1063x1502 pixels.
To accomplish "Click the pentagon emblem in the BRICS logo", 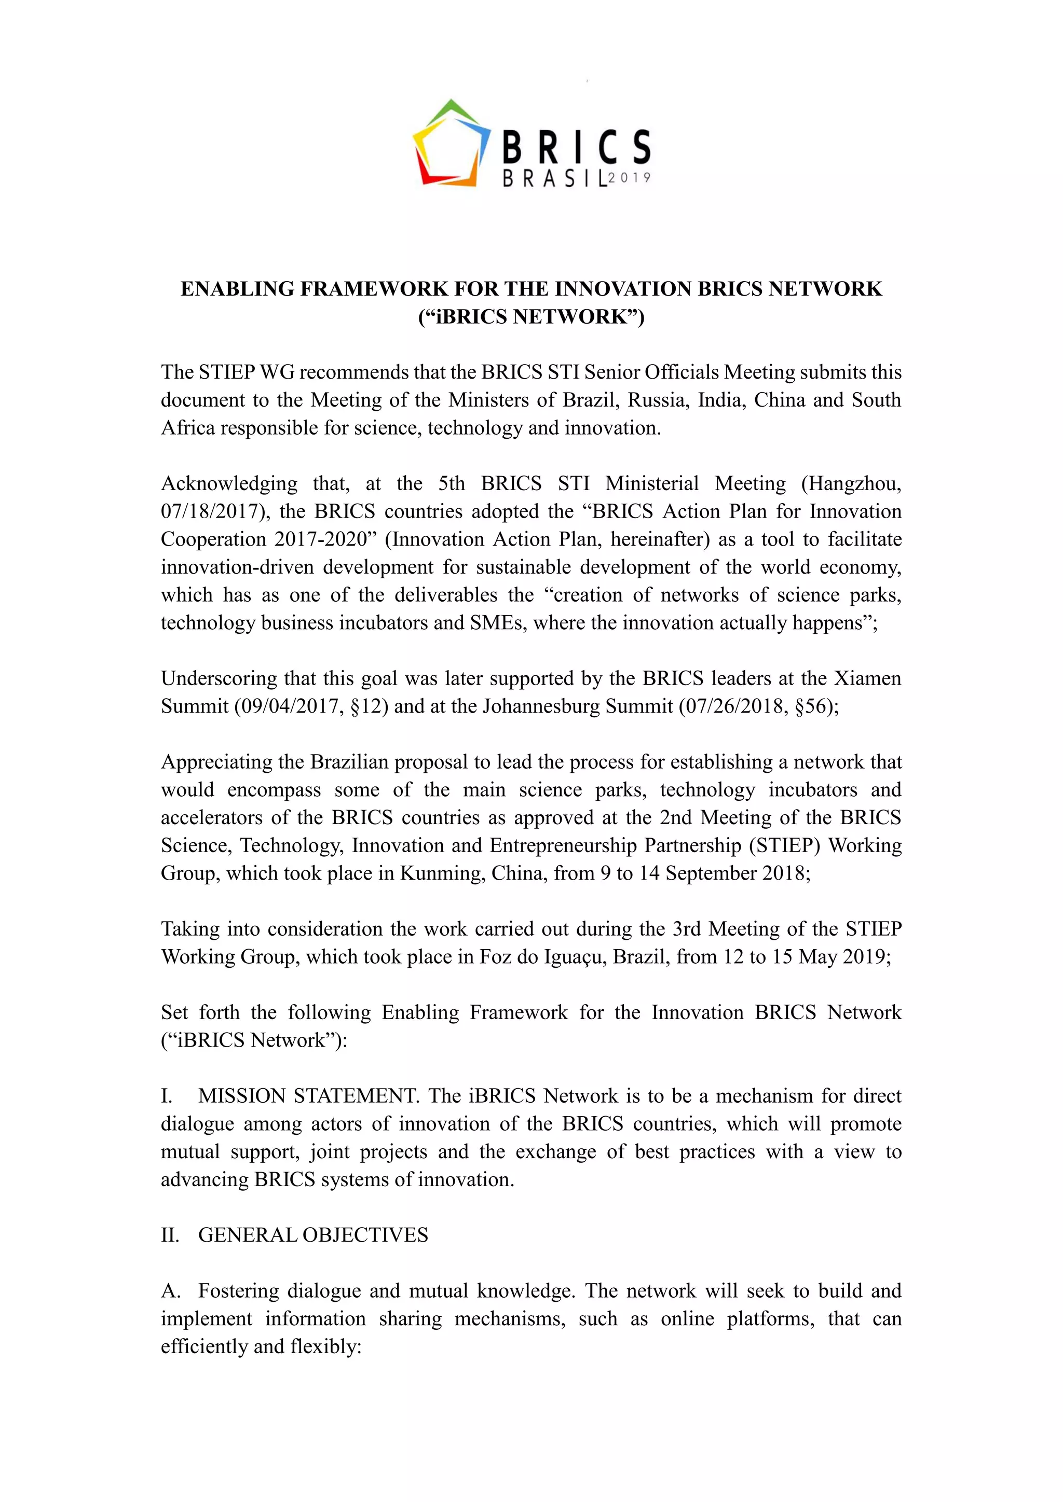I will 451,143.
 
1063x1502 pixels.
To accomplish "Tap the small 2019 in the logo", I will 630,177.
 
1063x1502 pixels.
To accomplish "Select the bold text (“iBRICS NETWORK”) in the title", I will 531,316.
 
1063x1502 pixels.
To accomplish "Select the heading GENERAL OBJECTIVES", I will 313,1235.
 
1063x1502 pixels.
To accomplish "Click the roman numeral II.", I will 170,1235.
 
